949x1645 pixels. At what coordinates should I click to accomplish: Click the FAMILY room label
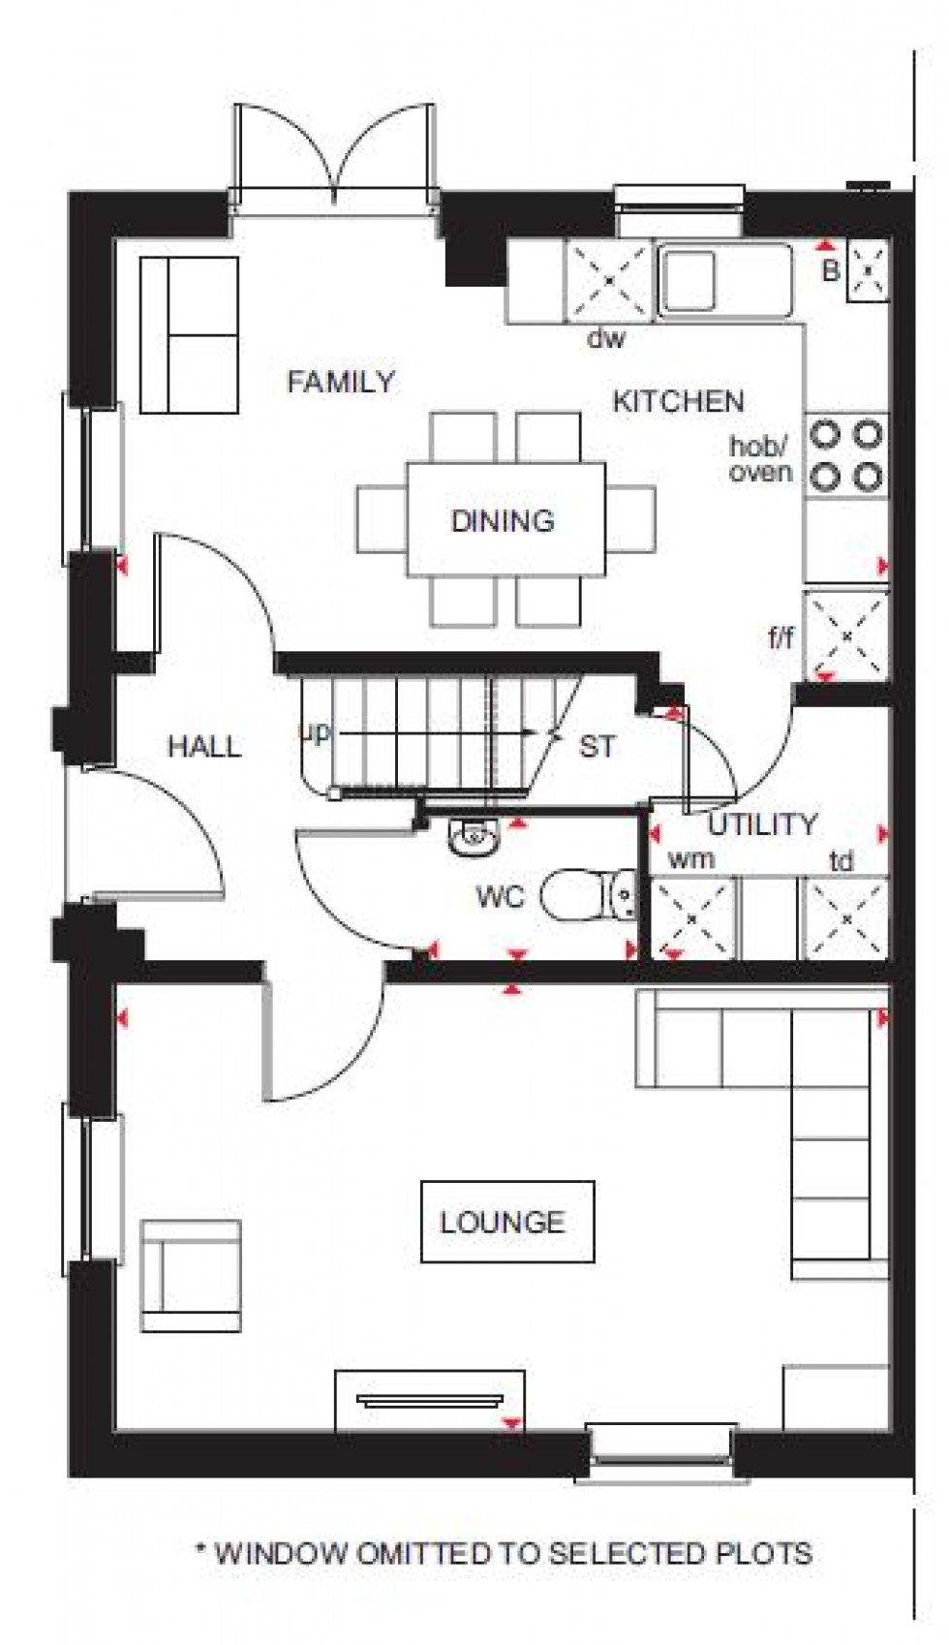click(341, 382)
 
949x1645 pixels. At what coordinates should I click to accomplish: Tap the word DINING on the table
click(503, 520)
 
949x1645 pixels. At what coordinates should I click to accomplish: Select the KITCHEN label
click(678, 401)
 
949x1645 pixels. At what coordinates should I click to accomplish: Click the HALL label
click(204, 746)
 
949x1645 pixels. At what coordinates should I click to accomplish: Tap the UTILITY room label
click(762, 824)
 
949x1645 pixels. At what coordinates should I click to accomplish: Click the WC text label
click(500, 896)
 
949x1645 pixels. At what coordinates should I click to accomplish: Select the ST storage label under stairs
click(597, 746)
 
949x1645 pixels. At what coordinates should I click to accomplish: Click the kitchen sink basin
click(689, 280)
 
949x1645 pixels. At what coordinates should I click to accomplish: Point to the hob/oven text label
click(760, 459)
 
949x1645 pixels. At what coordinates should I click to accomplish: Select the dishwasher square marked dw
click(609, 280)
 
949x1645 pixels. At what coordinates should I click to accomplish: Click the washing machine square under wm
click(690, 917)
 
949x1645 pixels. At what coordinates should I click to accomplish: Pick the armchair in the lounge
click(191, 1275)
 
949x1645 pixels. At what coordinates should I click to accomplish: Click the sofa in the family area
click(189, 335)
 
